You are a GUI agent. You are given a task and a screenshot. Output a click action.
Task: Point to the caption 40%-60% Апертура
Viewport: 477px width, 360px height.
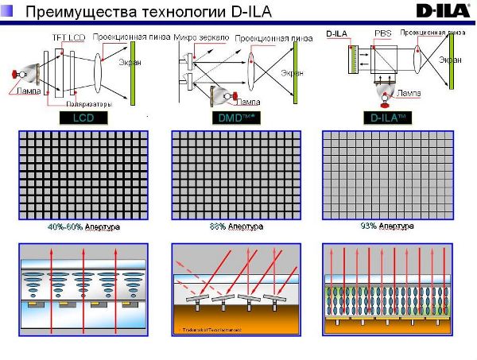click(83, 227)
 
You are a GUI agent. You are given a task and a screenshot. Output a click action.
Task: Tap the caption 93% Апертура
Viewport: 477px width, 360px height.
click(387, 226)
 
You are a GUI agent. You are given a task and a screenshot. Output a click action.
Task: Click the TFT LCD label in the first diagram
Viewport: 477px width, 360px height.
click(68, 37)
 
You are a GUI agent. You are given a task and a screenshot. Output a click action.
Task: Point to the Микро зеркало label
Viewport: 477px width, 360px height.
click(200, 37)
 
